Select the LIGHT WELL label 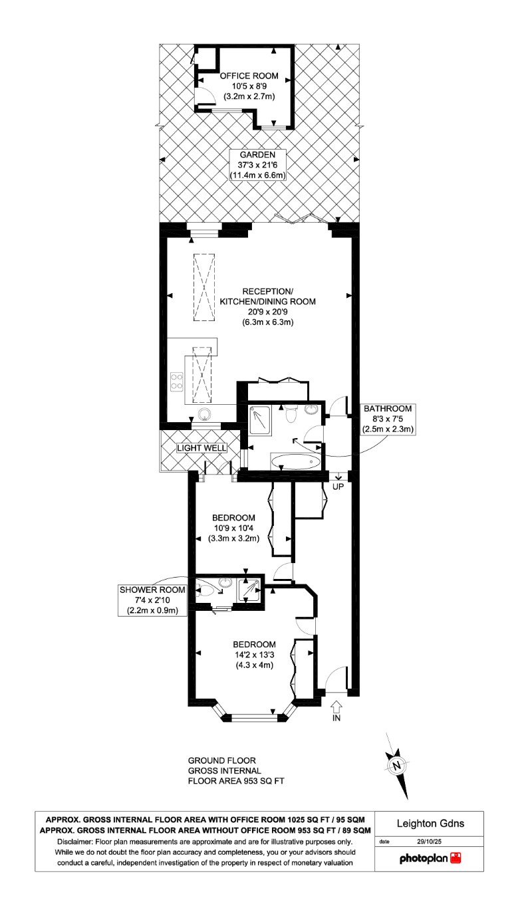tap(202, 448)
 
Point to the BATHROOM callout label tap(388, 408)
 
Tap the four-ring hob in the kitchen tap(178, 382)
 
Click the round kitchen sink tap(205, 414)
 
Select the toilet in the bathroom tap(290, 415)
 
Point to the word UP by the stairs tap(338, 487)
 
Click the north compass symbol tap(397, 765)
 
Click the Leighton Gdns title tap(430, 824)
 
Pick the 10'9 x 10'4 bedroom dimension tap(233, 528)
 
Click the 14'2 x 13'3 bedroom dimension tap(254, 655)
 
